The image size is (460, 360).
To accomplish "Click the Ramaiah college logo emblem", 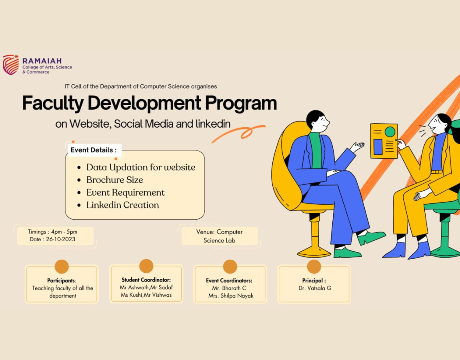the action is point(11,64).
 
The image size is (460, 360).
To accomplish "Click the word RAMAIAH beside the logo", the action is point(42,61).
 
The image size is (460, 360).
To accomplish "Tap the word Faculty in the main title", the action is point(53,103).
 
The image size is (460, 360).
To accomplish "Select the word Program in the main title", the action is point(241,103).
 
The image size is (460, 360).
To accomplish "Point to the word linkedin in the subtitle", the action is point(213,124).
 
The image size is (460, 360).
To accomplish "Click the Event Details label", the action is point(94,150).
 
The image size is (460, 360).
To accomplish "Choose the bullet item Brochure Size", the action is point(115,180).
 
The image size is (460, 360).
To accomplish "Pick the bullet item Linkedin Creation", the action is point(123,205).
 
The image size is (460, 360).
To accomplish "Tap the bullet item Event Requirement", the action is point(125,192).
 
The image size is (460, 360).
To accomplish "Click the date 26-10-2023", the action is point(60,239).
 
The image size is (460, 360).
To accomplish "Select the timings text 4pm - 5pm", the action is point(64,232).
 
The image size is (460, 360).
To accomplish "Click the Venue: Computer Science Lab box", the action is point(220,236).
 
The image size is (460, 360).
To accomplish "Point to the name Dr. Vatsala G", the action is point(315,288).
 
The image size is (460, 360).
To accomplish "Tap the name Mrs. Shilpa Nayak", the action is point(230,296).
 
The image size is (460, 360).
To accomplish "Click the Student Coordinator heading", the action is point(146,280).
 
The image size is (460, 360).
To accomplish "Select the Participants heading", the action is point(62,280).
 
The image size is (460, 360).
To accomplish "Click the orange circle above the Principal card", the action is point(314,267).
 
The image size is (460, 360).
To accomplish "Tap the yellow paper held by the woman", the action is point(384,141).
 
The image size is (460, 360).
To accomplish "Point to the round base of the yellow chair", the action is point(314,252).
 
